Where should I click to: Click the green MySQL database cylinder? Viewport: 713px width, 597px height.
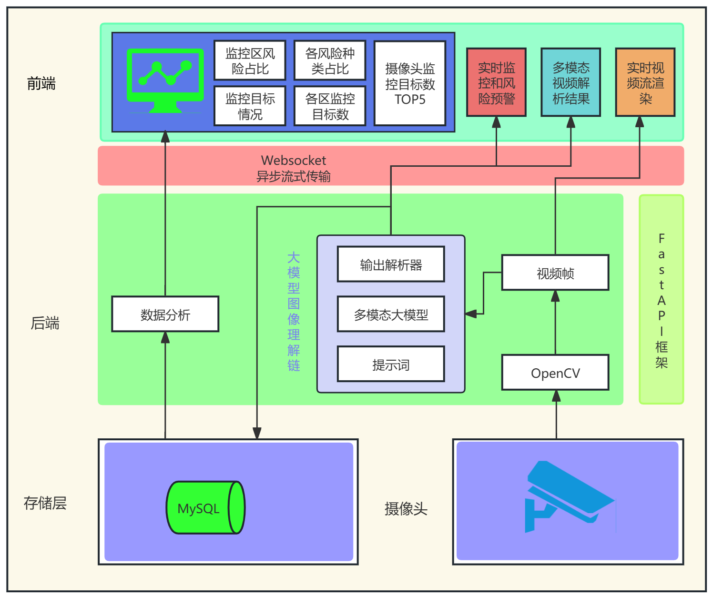coord(205,507)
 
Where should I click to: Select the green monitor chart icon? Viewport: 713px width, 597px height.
coord(165,80)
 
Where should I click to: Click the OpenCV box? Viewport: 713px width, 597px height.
coord(555,373)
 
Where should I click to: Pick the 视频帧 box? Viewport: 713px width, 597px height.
coord(555,273)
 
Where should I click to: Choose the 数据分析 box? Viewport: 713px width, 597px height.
coord(165,314)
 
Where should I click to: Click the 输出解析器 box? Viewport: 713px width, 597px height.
coord(391,264)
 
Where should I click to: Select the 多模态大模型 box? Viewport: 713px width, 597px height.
coord(391,314)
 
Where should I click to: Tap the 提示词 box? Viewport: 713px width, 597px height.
coord(391,364)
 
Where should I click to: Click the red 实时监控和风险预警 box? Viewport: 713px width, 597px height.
coord(496,82)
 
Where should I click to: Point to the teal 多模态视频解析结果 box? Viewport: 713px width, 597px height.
coord(570,82)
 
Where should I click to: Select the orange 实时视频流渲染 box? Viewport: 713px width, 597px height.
coord(645,82)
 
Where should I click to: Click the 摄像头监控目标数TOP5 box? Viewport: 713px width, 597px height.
coord(410,83)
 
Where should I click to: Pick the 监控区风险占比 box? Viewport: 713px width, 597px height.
coord(250,61)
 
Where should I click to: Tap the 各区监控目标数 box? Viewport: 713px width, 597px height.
coord(330,106)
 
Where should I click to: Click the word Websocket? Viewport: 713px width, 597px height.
coord(294,160)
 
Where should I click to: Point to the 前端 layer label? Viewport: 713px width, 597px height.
coord(41,84)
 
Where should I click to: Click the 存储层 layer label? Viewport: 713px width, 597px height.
coord(45,503)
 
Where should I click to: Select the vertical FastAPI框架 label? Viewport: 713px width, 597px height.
coord(661,300)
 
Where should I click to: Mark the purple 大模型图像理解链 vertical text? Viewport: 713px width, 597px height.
coord(294,312)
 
